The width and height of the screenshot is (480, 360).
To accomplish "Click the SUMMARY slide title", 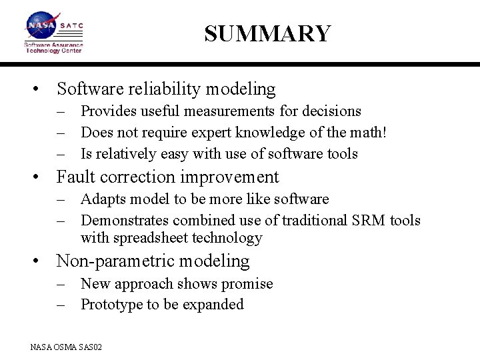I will pyautogui.click(x=267, y=33).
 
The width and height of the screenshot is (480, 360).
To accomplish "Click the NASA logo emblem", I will pyautogui.click(x=41, y=26).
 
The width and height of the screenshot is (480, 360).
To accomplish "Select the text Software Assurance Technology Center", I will pyautogui.click(x=53, y=47).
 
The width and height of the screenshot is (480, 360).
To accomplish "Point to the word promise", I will pyautogui.click(x=247, y=284).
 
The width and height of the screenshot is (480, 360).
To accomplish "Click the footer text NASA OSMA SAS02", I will pyautogui.click(x=66, y=347).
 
